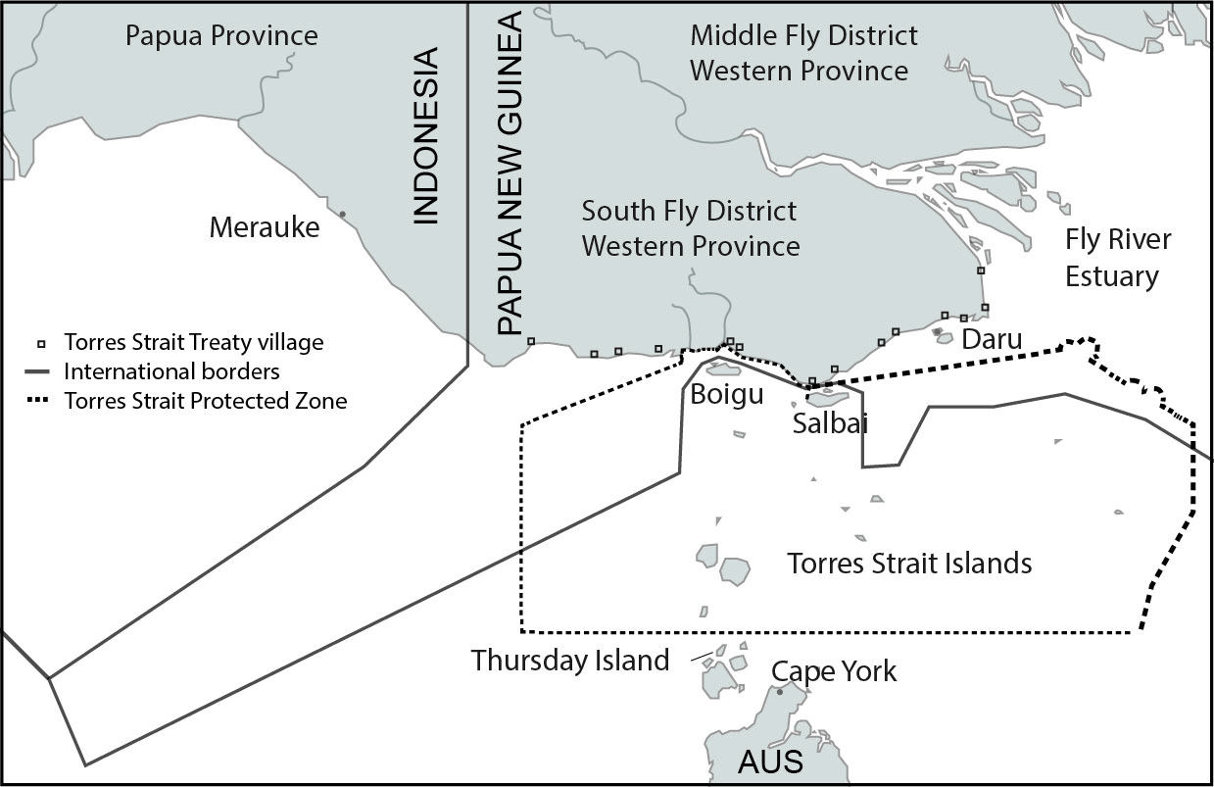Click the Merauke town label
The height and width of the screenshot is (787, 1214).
point(265,227)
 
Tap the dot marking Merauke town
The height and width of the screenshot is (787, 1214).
point(342,214)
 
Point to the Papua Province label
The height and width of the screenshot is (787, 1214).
point(221,36)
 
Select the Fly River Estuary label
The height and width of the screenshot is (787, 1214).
point(1118,258)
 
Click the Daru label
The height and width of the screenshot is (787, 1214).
point(991,340)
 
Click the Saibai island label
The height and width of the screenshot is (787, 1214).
point(830,423)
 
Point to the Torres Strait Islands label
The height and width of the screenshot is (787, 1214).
point(909,564)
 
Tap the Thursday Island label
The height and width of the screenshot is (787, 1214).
point(569,660)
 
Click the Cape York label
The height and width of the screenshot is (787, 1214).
point(833,671)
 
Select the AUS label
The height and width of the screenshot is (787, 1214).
point(770,761)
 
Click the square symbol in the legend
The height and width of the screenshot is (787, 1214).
point(41,344)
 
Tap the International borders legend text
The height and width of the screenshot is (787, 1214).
point(171,371)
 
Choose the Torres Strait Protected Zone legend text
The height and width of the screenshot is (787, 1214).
point(205,400)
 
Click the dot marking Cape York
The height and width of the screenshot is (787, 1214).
point(780,692)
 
